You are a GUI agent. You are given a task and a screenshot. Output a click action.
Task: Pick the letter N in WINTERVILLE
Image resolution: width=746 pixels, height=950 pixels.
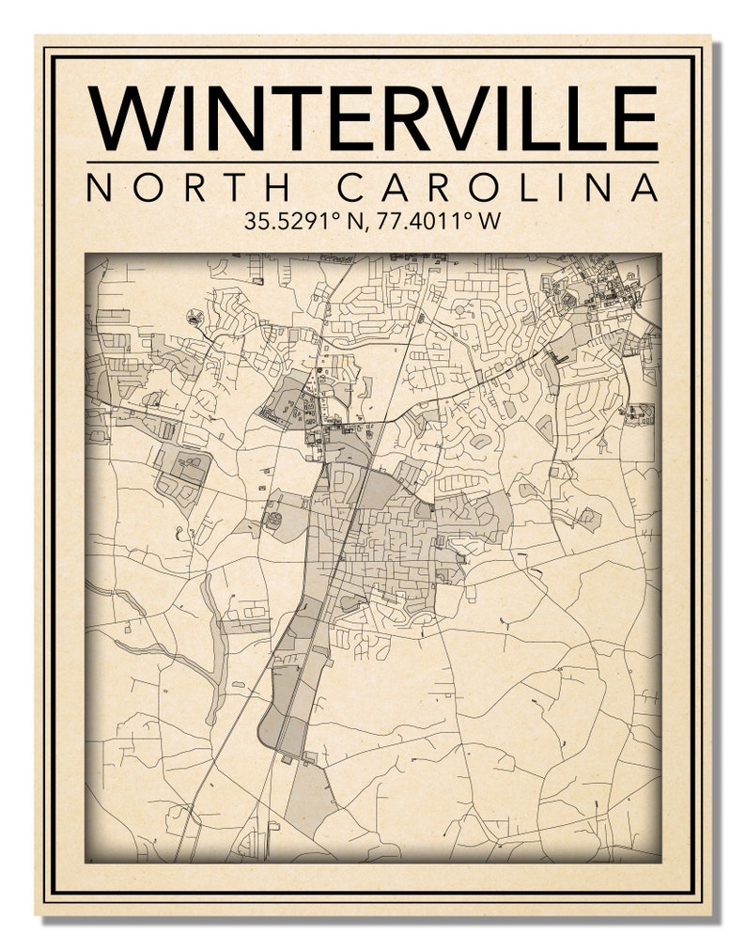[230, 118]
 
